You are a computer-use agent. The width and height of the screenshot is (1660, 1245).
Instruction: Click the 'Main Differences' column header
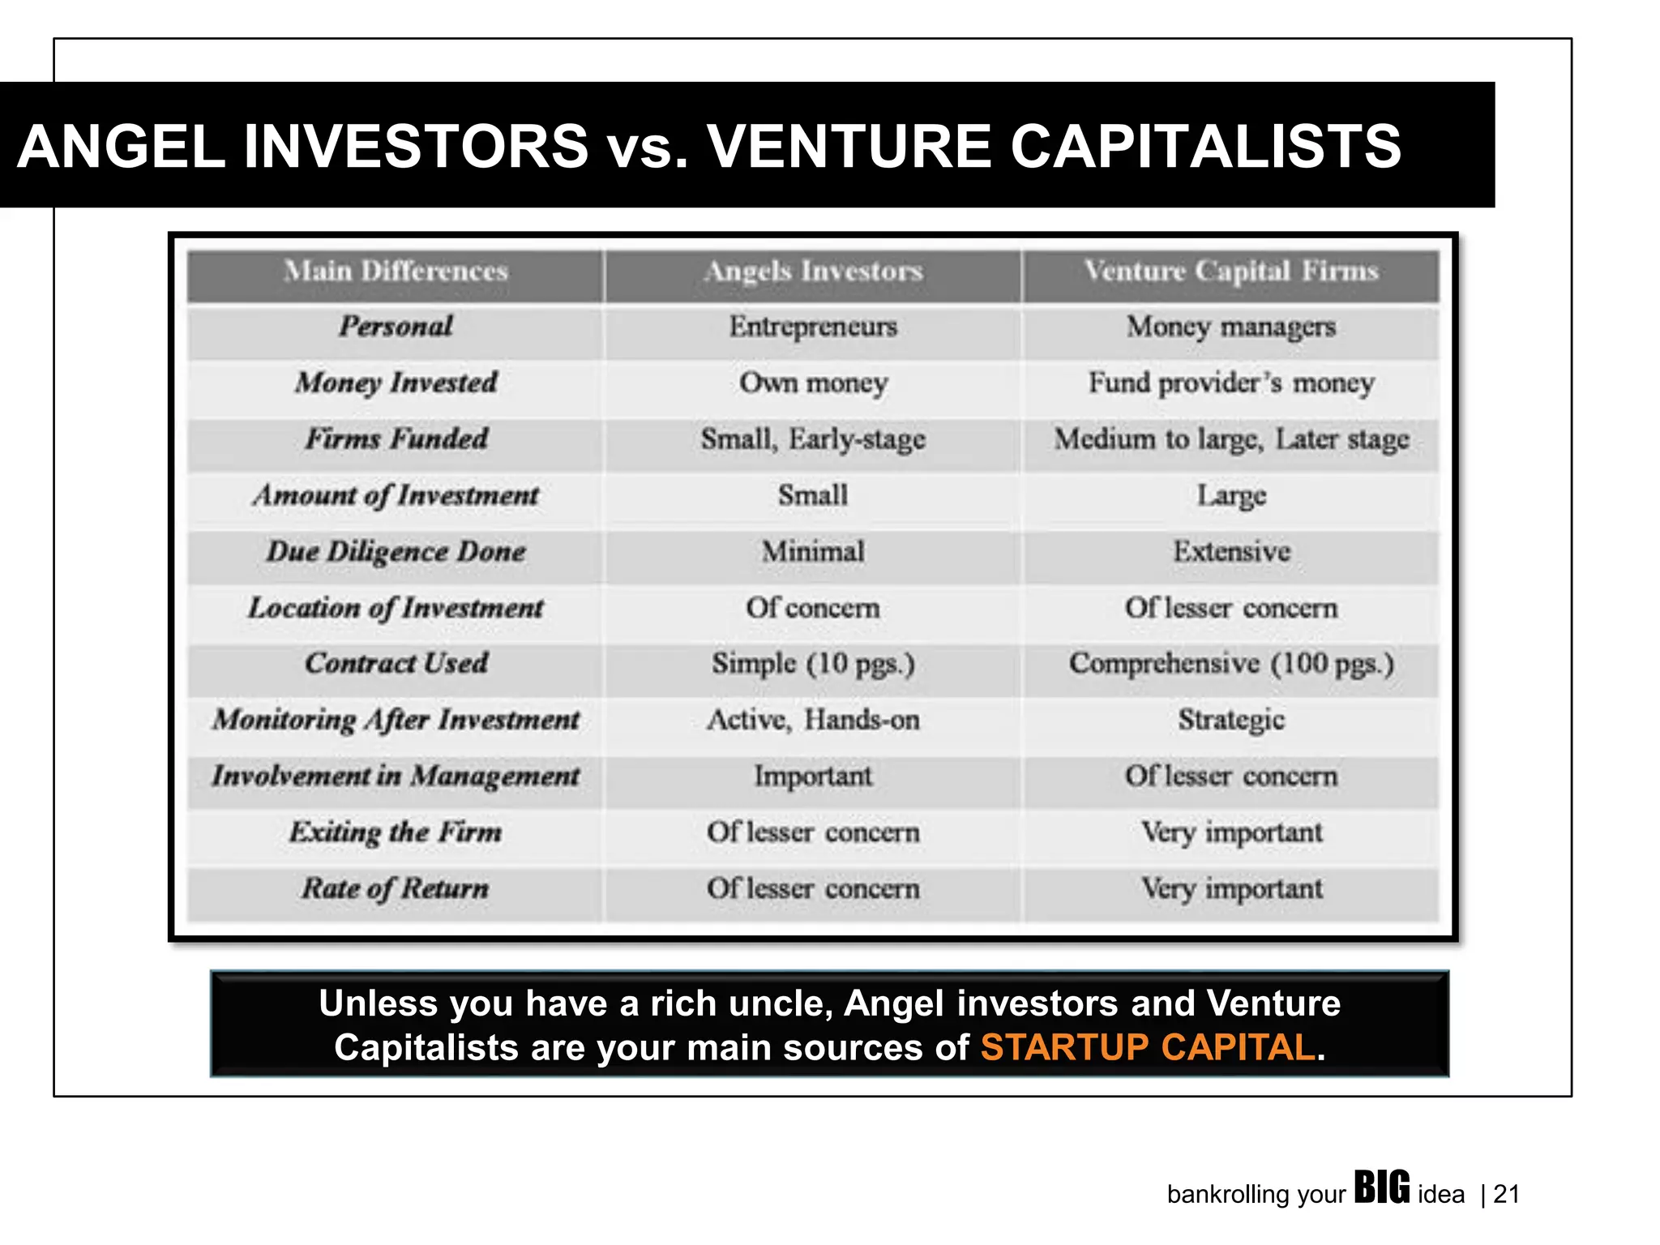point(396,272)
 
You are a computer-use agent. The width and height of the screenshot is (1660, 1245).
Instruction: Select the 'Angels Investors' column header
point(813,272)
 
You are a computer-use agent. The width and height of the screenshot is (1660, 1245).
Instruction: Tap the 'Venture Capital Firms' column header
point(1230,272)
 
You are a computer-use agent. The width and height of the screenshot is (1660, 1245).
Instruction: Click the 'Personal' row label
point(396,327)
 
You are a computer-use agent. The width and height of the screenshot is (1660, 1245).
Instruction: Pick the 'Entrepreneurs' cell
point(813,327)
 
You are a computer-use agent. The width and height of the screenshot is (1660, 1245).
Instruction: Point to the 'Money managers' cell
point(1230,327)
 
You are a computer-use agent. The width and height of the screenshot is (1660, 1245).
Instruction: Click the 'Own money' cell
point(813,383)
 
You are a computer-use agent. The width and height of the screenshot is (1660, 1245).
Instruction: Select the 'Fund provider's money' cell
point(1230,383)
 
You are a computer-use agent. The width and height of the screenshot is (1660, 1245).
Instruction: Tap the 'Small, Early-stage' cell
point(813,439)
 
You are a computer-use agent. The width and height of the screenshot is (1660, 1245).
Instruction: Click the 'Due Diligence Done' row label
point(396,552)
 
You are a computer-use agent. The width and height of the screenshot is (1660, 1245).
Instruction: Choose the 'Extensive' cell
point(1230,552)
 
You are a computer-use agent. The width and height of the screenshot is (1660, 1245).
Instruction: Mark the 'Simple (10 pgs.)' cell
point(813,664)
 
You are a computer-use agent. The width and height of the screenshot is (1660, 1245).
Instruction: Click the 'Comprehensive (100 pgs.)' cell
point(1230,664)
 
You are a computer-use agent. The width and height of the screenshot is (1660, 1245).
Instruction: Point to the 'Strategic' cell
point(1230,720)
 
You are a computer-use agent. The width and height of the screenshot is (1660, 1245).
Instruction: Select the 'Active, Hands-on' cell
point(813,720)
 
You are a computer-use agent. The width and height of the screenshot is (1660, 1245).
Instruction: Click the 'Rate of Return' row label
point(396,888)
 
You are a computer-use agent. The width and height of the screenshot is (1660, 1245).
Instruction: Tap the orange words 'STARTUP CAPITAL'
point(1147,1047)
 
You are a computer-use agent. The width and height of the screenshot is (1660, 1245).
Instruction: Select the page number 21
point(1506,1194)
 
